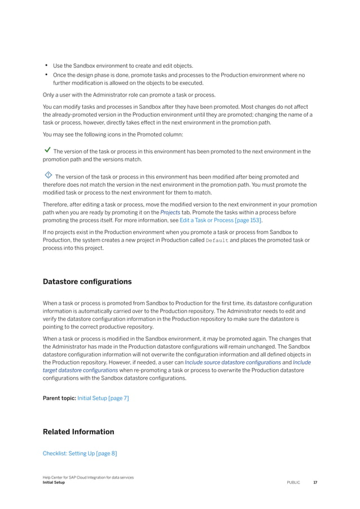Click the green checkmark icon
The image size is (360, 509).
click(47, 151)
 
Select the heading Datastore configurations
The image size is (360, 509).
click(87, 282)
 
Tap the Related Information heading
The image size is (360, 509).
click(78, 432)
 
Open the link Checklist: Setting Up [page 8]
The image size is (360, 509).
click(80, 453)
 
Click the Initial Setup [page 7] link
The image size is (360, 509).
click(103, 398)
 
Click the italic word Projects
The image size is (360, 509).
click(170, 212)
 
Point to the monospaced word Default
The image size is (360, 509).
click(217, 240)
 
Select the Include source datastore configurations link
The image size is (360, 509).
click(233, 362)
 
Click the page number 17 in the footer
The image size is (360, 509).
click(315, 483)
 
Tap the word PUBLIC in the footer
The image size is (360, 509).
click(293, 483)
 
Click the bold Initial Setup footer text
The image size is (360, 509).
click(54, 483)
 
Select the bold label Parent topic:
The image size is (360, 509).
click(59, 398)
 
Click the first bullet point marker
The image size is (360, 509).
click(45, 65)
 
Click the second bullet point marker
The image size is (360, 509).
click(45, 74)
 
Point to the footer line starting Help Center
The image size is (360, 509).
click(88, 478)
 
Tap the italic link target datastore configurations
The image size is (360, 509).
click(81, 370)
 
